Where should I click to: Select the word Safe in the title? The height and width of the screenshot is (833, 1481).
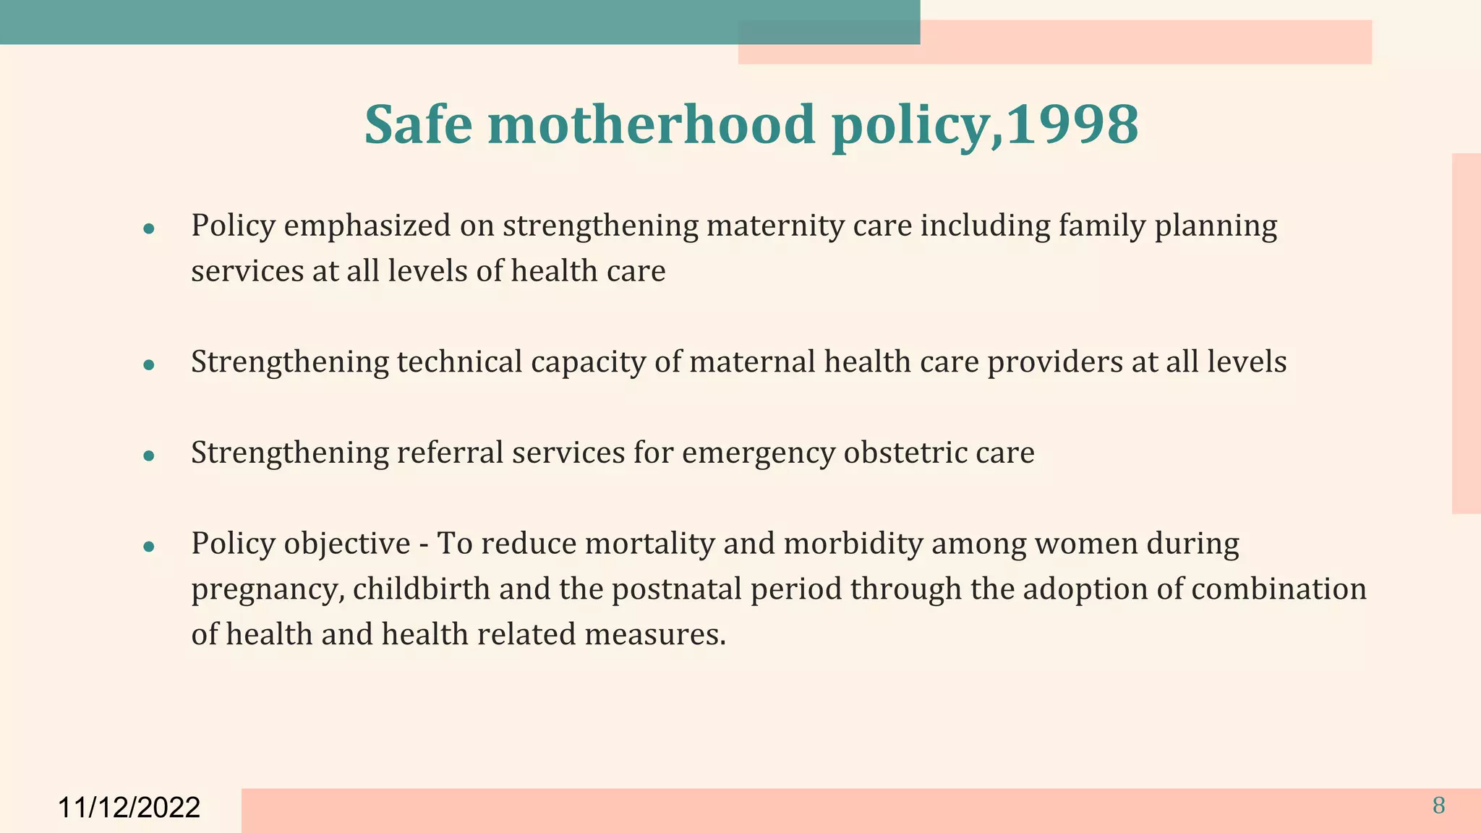418,124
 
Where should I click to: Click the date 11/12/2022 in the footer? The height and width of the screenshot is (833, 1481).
129,807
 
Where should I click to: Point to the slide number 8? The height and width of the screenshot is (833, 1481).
1438,806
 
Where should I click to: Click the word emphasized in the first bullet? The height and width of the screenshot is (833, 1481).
367,226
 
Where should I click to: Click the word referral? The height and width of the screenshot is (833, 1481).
449,453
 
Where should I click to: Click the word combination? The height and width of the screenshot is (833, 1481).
1279,589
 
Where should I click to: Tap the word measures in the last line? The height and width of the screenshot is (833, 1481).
654,634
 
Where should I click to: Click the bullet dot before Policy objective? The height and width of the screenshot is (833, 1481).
149,547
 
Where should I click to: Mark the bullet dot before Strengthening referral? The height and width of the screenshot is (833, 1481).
149,456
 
